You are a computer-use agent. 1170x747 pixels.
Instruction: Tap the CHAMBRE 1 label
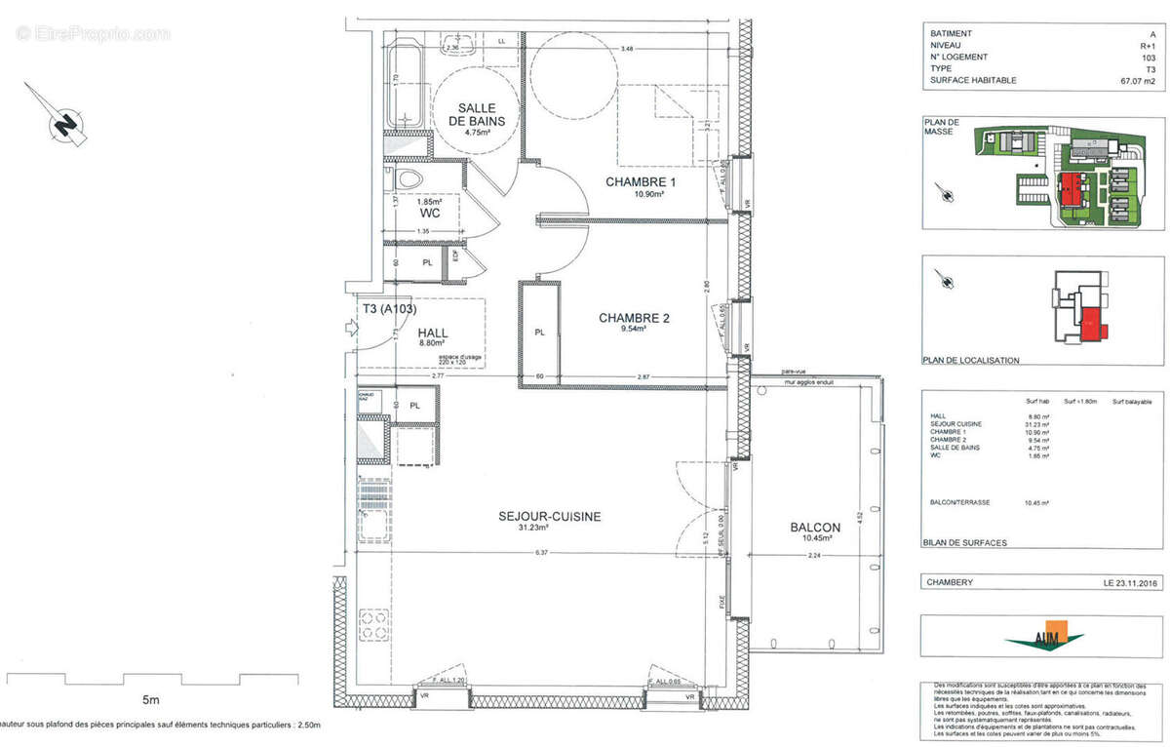coord(641,183)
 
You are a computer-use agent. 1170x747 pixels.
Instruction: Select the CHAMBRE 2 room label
coord(634,318)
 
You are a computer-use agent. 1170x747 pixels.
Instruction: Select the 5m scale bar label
coord(150,699)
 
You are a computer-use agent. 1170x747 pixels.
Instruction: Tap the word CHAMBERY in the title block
coord(952,582)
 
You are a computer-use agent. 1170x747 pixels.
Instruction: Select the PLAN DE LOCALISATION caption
coord(971,360)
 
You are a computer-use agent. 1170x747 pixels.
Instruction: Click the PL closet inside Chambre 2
coord(539,333)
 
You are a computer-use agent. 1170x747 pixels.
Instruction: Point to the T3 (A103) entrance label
coord(389,309)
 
